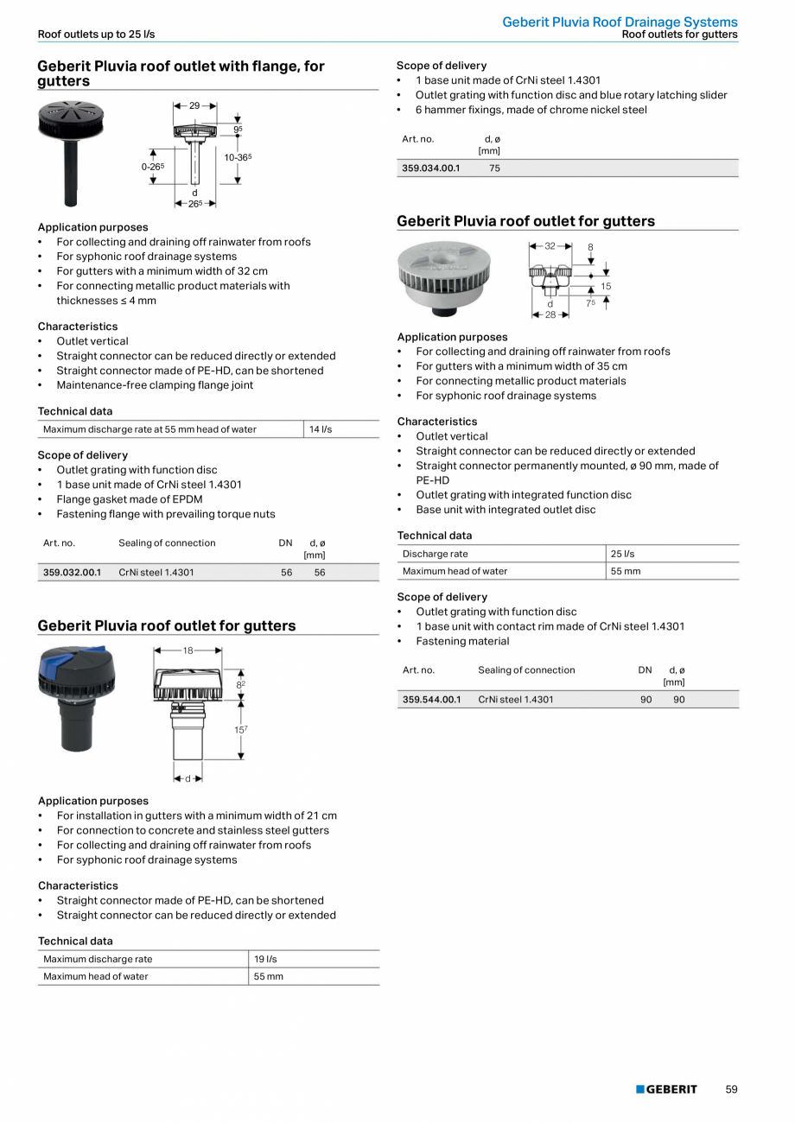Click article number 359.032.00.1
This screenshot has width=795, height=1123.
[x=72, y=573]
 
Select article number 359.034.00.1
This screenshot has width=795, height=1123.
[x=431, y=168]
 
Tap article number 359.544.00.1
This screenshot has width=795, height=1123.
[x=431, y=700]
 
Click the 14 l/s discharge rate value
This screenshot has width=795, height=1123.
[x=321, y=429]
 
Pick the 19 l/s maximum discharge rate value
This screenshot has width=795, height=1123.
[x=265, y=959]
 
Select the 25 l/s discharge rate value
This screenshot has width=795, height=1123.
[x=622, y=554]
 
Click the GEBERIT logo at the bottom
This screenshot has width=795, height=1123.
[x=666, y=1089]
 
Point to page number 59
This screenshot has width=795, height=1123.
[x=731, y=1089]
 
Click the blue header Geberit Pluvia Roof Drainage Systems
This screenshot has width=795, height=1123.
[x=620, y=22]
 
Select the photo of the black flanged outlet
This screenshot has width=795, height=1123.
[x=71, y=151]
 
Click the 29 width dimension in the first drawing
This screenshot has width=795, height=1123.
[x=194, y=105]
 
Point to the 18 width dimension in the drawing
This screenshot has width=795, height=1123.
[x=188, y=650]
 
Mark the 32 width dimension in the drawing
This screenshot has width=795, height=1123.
[x=550, y=246]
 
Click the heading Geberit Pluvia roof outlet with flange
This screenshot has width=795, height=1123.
[x=181, y=73]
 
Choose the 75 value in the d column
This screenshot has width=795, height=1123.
[x=494, y=168]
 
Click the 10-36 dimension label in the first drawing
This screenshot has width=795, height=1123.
[x=238, y=157]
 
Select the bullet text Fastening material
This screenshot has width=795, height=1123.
[x=462, y=641]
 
